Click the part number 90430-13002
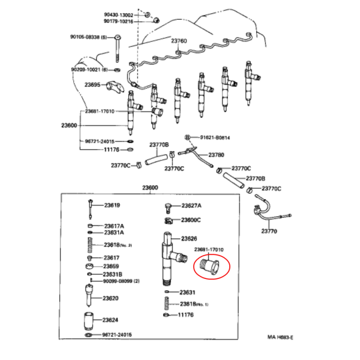tap(118, 15)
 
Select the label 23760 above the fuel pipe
tap(179, 41)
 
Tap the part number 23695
tap(92, 85)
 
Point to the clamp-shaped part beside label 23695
tap(115, 87)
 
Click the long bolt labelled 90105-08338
tap(118, 49)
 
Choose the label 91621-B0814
tap(215, 138)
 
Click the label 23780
tap(216, 155)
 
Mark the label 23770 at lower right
tap(269, 231)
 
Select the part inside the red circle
tap(209, 267)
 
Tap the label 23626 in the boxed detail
tap(189, 239)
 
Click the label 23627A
tap(191, 205)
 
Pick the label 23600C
tap(191, 220)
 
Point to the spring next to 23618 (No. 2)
tap(90, 245)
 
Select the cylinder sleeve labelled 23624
tap(89, 321)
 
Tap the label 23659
tap(111, 266)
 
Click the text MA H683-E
tap(280, 337)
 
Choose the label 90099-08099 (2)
tap(121, 281)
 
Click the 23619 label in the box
tap(112, 205)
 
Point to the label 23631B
tap(113, 274)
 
